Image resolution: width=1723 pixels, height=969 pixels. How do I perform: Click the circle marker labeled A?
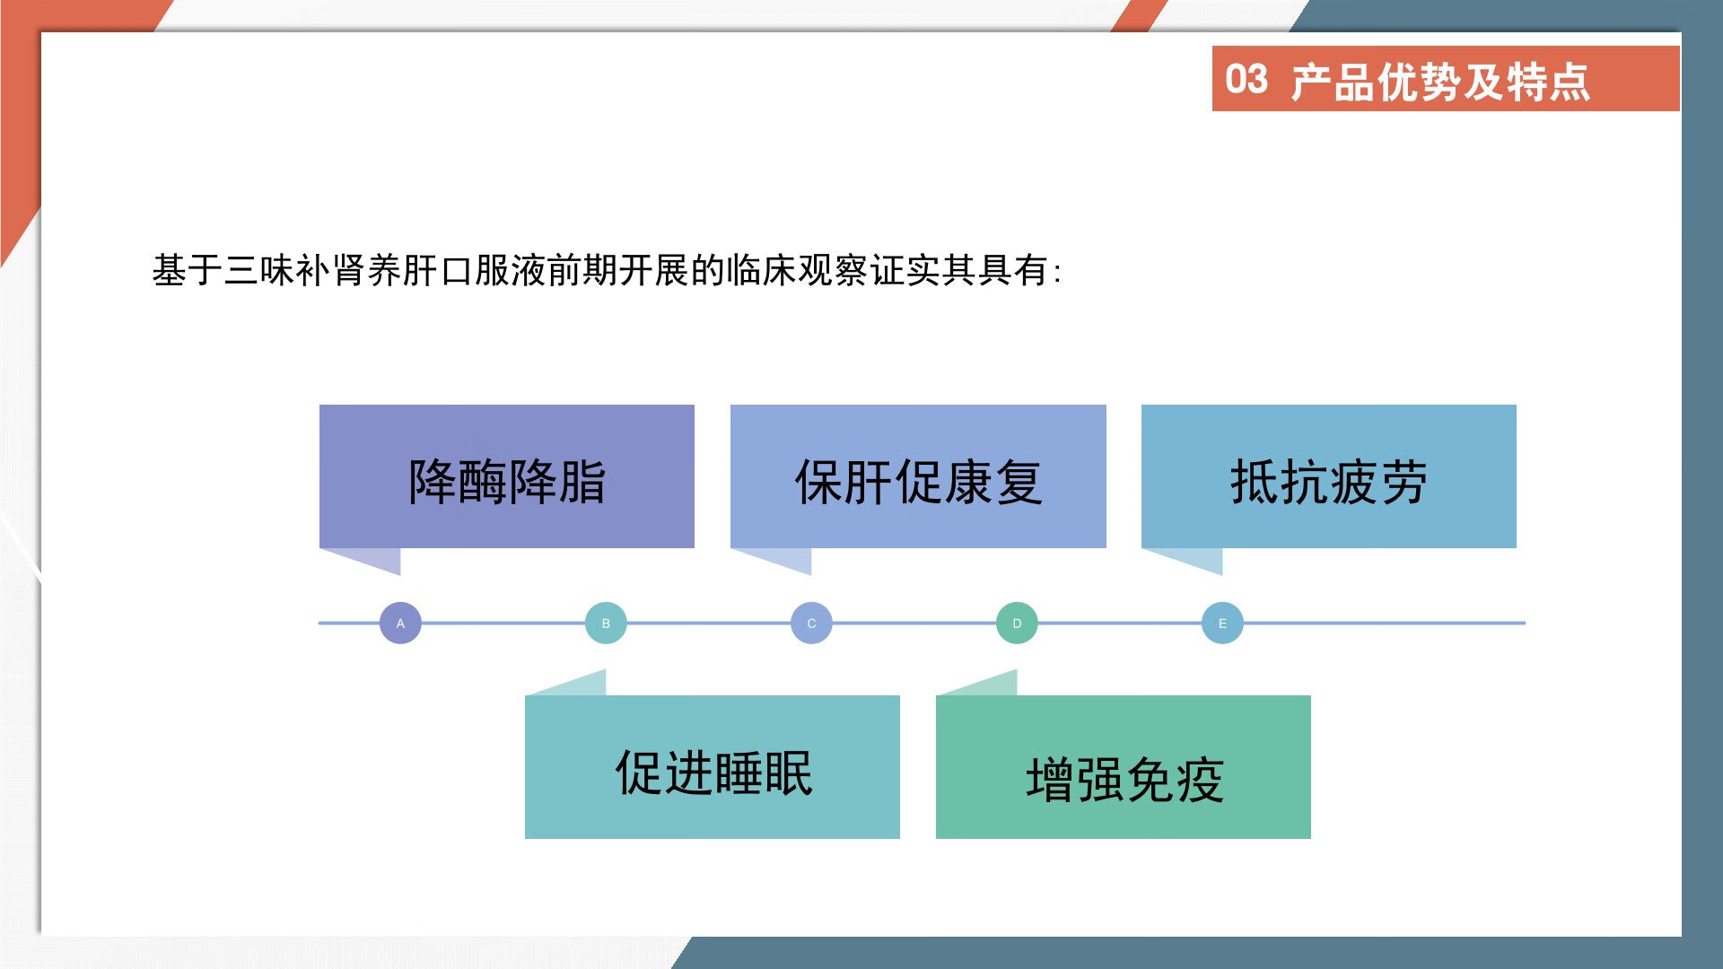pos(400,623)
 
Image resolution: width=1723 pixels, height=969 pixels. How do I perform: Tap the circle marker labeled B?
pos(606,623)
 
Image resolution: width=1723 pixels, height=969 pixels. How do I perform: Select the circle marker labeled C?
pos(811,623)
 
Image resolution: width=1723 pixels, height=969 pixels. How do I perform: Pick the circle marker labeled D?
pos(1017,623)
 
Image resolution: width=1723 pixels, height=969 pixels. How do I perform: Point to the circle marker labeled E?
pos(1222,623)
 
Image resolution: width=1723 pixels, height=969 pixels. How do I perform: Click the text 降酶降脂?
pos(507,482)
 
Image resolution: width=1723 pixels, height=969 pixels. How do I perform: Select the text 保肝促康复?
pos(918,482)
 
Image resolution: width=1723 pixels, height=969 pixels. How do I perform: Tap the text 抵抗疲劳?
pos(1328,482)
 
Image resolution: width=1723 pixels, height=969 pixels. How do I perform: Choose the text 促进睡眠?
pos(713,773)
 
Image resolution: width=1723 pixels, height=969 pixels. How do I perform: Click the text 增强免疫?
pos(1124,779)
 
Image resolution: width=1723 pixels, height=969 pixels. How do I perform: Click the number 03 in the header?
pos(1246,79)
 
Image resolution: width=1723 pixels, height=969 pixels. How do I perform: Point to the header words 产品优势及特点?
pos(1440,82)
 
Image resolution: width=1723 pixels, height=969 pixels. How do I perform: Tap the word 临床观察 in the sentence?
pos(798,270)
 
